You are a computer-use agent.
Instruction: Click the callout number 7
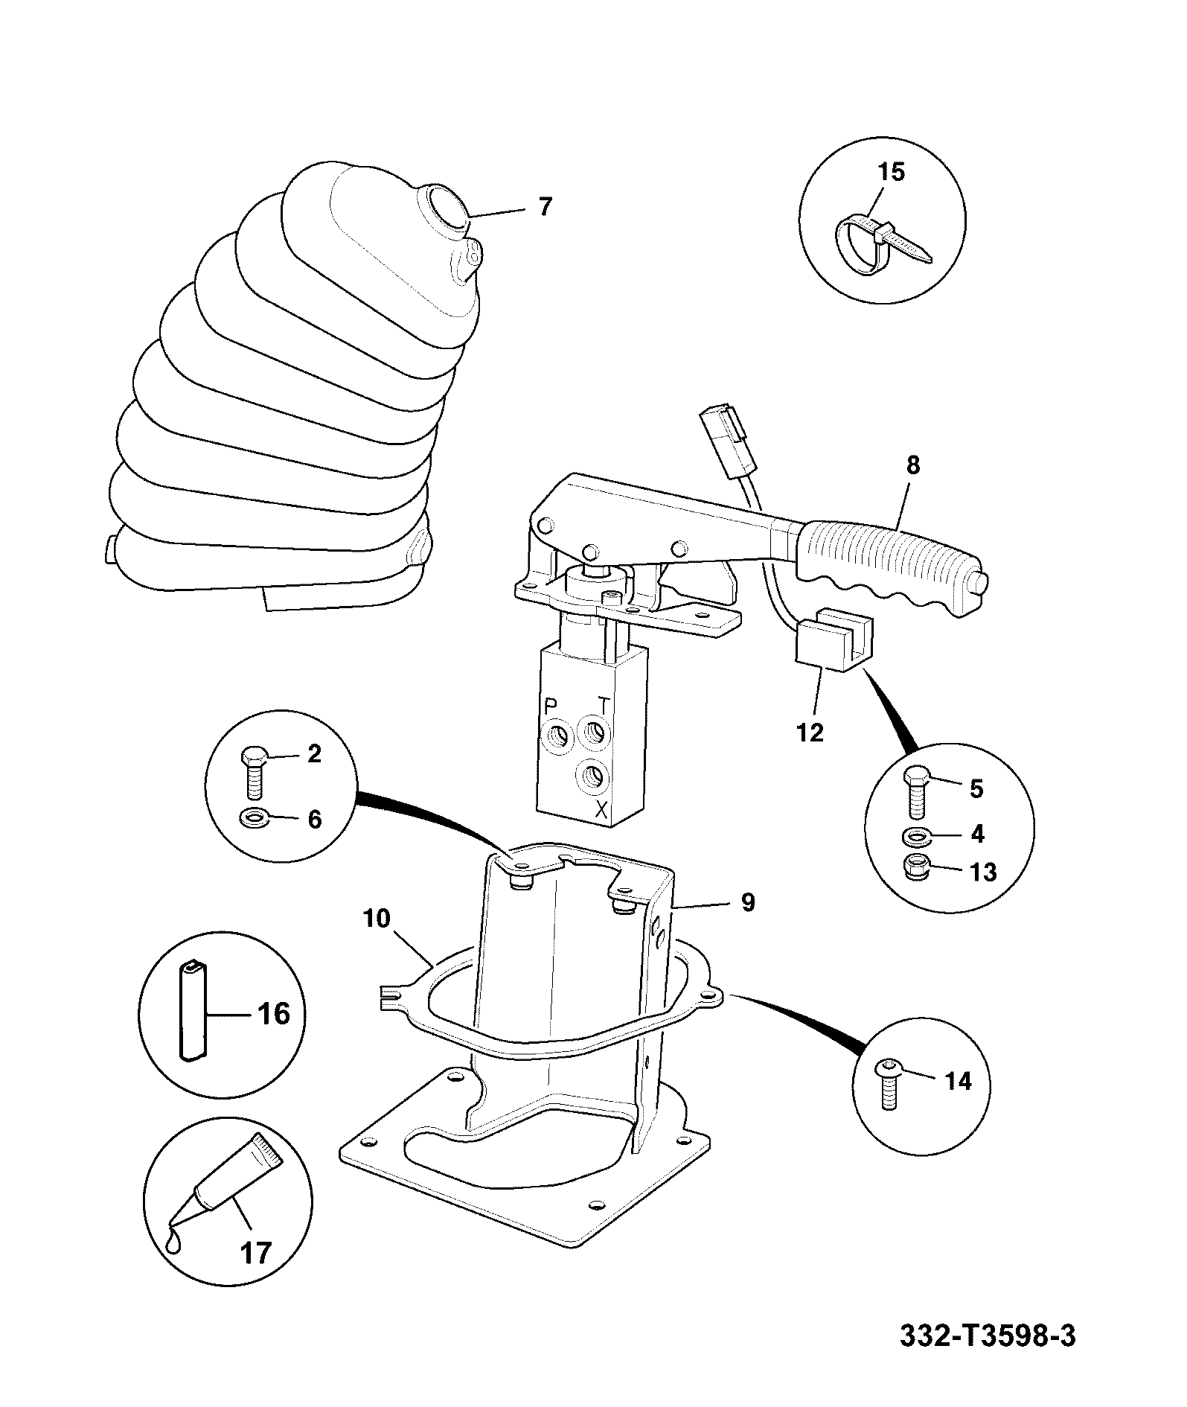click(545, 206)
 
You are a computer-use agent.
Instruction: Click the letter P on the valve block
click(551, 705)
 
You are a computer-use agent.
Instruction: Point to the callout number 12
click(810, 732)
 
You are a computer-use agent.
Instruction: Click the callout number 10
click(377, 919)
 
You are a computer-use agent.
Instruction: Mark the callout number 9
click(748, 902)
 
